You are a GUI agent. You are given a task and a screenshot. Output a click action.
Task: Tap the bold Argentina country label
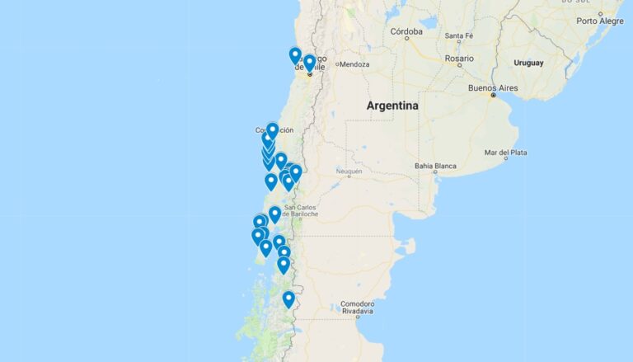coord(392,106)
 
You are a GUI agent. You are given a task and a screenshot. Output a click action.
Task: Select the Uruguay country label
coord(528,63)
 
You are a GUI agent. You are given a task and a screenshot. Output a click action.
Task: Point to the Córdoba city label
coord(406,32)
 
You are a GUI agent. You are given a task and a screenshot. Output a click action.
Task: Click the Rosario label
coord(459,59)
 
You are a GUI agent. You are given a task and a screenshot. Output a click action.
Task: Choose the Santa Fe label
coord(459,35)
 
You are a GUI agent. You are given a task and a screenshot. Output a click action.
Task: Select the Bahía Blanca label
coord(435,166)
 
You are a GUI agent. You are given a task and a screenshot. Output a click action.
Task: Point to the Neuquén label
coord(349,172)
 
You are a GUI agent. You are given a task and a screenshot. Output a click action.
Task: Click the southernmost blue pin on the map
coord(288,299)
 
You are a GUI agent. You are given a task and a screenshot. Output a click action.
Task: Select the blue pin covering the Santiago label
coord(309,63)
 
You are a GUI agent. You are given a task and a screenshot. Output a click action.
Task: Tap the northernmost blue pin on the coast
coord(295,55)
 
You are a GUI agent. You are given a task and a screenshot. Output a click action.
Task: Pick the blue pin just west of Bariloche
coord(274,214)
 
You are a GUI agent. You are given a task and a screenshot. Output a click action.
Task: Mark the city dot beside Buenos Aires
coord(493,96)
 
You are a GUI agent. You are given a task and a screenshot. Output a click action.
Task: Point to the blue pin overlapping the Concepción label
coord(272,130)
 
